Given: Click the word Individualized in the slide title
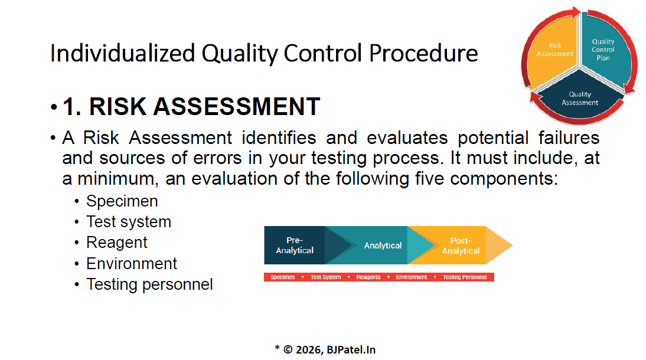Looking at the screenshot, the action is (122, 53).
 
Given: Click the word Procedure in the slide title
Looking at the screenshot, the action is (423, 53).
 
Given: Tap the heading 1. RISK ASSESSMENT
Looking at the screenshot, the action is (191, 106).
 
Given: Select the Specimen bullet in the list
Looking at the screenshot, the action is (122, 201).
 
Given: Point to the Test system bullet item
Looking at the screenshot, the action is (129, 222).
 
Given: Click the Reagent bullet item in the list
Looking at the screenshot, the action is (116, 243).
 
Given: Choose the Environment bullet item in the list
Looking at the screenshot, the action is (132, 264).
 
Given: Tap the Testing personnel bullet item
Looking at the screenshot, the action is (149, 284).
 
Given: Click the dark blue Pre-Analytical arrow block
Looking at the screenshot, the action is (295, 245).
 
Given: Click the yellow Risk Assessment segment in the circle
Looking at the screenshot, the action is (553, 50).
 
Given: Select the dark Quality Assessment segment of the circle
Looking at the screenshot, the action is (580, 97).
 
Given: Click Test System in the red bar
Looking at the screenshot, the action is (325, 277).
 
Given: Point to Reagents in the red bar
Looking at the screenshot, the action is (368, 277).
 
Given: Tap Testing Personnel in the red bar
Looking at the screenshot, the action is (465, 277).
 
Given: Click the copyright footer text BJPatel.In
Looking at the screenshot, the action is (351, 350).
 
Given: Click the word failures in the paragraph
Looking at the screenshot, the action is (569, 138).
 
